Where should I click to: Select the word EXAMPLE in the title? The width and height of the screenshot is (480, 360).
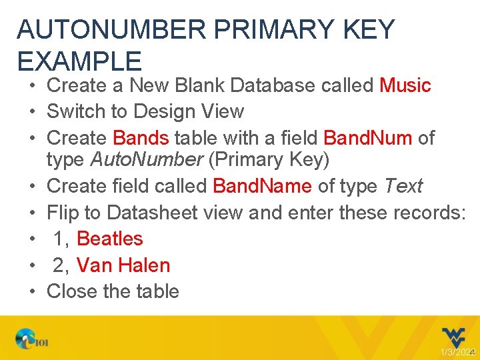click(79, 61)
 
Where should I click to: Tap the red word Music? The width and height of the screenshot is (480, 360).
click(405, 85)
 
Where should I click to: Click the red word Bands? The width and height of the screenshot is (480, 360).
click(141, 138)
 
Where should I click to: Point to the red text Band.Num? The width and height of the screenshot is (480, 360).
click(367, 138)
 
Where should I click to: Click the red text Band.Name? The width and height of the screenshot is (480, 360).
click(262, 185)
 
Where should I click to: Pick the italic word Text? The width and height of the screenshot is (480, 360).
click(403, 185)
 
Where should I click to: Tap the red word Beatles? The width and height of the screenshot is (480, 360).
click(110, 239)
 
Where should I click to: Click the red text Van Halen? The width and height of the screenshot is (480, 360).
click(123, 265)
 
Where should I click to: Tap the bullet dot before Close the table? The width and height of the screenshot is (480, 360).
click(32, 291)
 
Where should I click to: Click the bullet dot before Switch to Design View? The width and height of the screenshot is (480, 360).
click(32, 111)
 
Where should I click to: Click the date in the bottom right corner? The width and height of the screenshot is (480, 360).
click(456, 352)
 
